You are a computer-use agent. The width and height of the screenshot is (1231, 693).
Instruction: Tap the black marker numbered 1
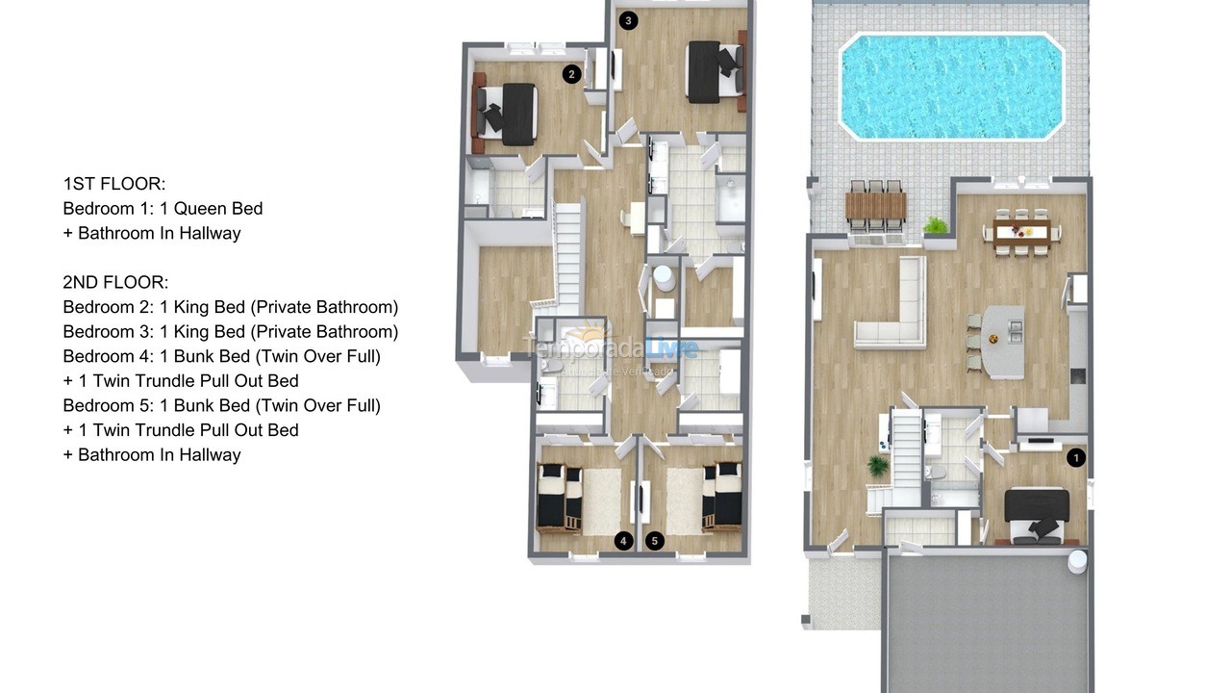coord(1076,458)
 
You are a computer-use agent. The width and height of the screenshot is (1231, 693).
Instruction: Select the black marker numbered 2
coord(571,73)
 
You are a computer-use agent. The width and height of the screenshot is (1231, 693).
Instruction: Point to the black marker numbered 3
coord(628,20)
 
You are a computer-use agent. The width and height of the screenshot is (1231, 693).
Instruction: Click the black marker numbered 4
coord(623,541)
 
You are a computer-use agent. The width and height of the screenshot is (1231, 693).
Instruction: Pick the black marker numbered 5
coord(655,541)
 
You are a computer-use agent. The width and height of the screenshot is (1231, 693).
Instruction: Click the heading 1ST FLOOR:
coord(114,184)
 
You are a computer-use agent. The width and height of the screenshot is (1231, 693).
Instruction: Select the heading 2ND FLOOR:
coord(116,282)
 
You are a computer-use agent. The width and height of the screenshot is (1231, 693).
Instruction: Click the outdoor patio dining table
coord(876,206)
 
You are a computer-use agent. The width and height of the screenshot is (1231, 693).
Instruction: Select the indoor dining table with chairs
coord(1022,229)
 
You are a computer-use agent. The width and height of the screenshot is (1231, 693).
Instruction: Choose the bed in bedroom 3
coord(713,71)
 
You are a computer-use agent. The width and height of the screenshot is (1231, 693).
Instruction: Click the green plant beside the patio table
coord(936,226)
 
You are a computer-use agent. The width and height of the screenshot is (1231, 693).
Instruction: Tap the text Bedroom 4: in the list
coord(107,356)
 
